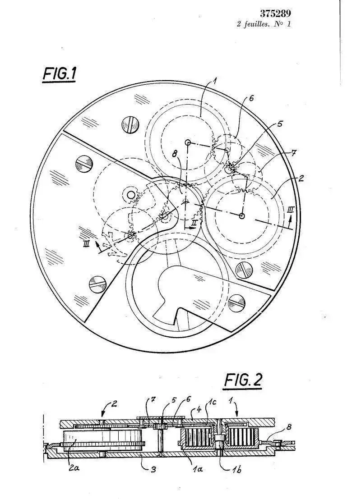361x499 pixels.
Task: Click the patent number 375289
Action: pyautogui.click(x=275, y=14)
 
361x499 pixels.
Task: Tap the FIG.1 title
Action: pyautogui.click(x=59, y=74)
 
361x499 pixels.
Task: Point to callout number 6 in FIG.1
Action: pyautogui.click(x=251, y=98)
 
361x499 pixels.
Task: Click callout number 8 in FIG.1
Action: pyautogui.click(x=174, y=153)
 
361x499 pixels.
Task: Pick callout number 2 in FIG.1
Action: pyautogui.click(x=301, y=178)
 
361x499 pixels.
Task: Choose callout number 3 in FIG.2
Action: pyautogui.click(x=153, y=469)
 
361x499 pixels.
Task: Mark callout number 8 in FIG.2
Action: pyautogui.click(x=289, y=427)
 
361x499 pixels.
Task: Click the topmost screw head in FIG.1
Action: pyautogui.click(x=130, y=125)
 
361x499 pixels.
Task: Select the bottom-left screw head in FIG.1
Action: pyautogui.click(x=97, y=284)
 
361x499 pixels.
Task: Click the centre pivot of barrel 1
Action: pyautogui.click(x=188, y=142)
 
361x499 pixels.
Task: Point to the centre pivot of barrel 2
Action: pyautogui.click(x=242, y=216)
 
